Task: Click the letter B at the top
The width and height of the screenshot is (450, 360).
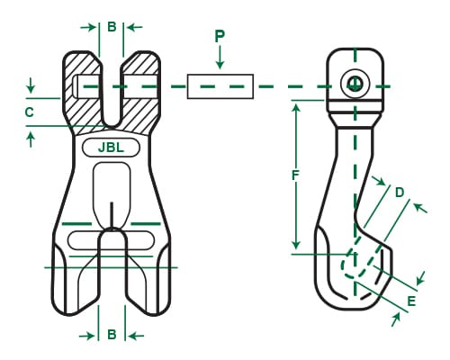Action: tap(111, 26)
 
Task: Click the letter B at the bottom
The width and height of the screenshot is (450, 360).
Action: tap(111, 335)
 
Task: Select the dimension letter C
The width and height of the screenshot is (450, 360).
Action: tap(30, 112)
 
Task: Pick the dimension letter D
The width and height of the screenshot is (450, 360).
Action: tap(400, 191)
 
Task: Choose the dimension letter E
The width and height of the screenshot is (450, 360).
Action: tap(411, 301)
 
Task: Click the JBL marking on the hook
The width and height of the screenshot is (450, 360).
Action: tap(110, 148)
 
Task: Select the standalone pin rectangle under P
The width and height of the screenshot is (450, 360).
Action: tap(220, 86)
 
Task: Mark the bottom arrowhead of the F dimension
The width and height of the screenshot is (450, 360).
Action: tap(294, 248)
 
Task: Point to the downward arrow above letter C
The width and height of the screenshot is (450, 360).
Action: tap(31, 89)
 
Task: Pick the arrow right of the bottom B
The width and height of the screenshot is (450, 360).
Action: tap(134, 336)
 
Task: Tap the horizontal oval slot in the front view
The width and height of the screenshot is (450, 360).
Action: tap(110, 240)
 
